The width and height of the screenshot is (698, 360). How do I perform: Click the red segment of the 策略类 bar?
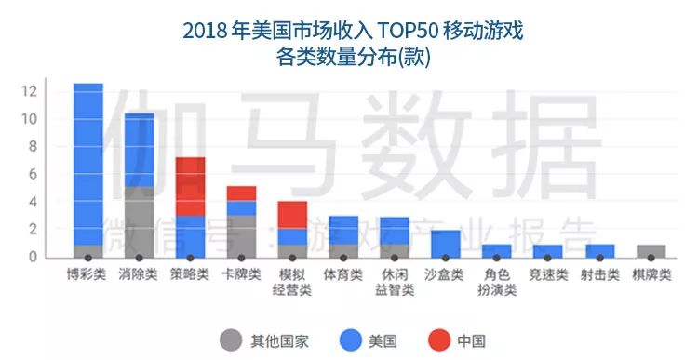(x=191, y=187)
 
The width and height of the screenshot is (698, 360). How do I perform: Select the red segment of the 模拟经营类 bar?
(x=292, y=215)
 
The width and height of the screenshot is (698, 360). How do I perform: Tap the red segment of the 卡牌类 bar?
(x=242, y=193)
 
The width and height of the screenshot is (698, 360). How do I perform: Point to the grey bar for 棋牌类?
(x=651, y=250)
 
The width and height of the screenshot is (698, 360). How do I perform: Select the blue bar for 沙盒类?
(x=446, y=243)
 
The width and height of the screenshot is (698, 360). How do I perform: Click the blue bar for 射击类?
(x=599, y=250)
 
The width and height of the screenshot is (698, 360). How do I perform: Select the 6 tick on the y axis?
(x=32, y=174)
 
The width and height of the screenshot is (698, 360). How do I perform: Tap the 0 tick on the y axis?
(x=32, y=257)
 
